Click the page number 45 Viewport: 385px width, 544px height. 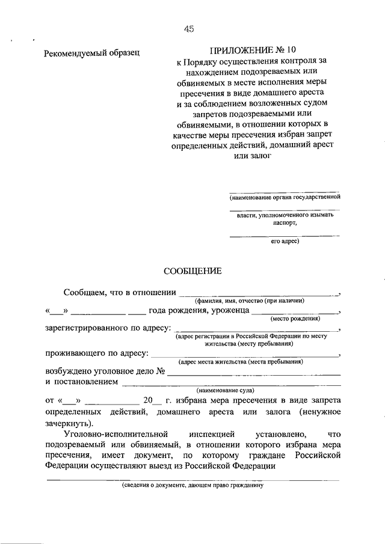coord(189,28)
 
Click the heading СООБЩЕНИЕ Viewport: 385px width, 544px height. coord(194,271)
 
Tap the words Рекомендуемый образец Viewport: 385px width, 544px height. coord(92,53)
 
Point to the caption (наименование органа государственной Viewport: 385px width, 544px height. coord(285,196)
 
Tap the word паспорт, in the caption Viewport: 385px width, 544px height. coord(285,222)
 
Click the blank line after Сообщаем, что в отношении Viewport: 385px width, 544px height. coord(257,295)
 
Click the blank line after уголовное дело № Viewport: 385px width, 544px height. coord(254,374)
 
